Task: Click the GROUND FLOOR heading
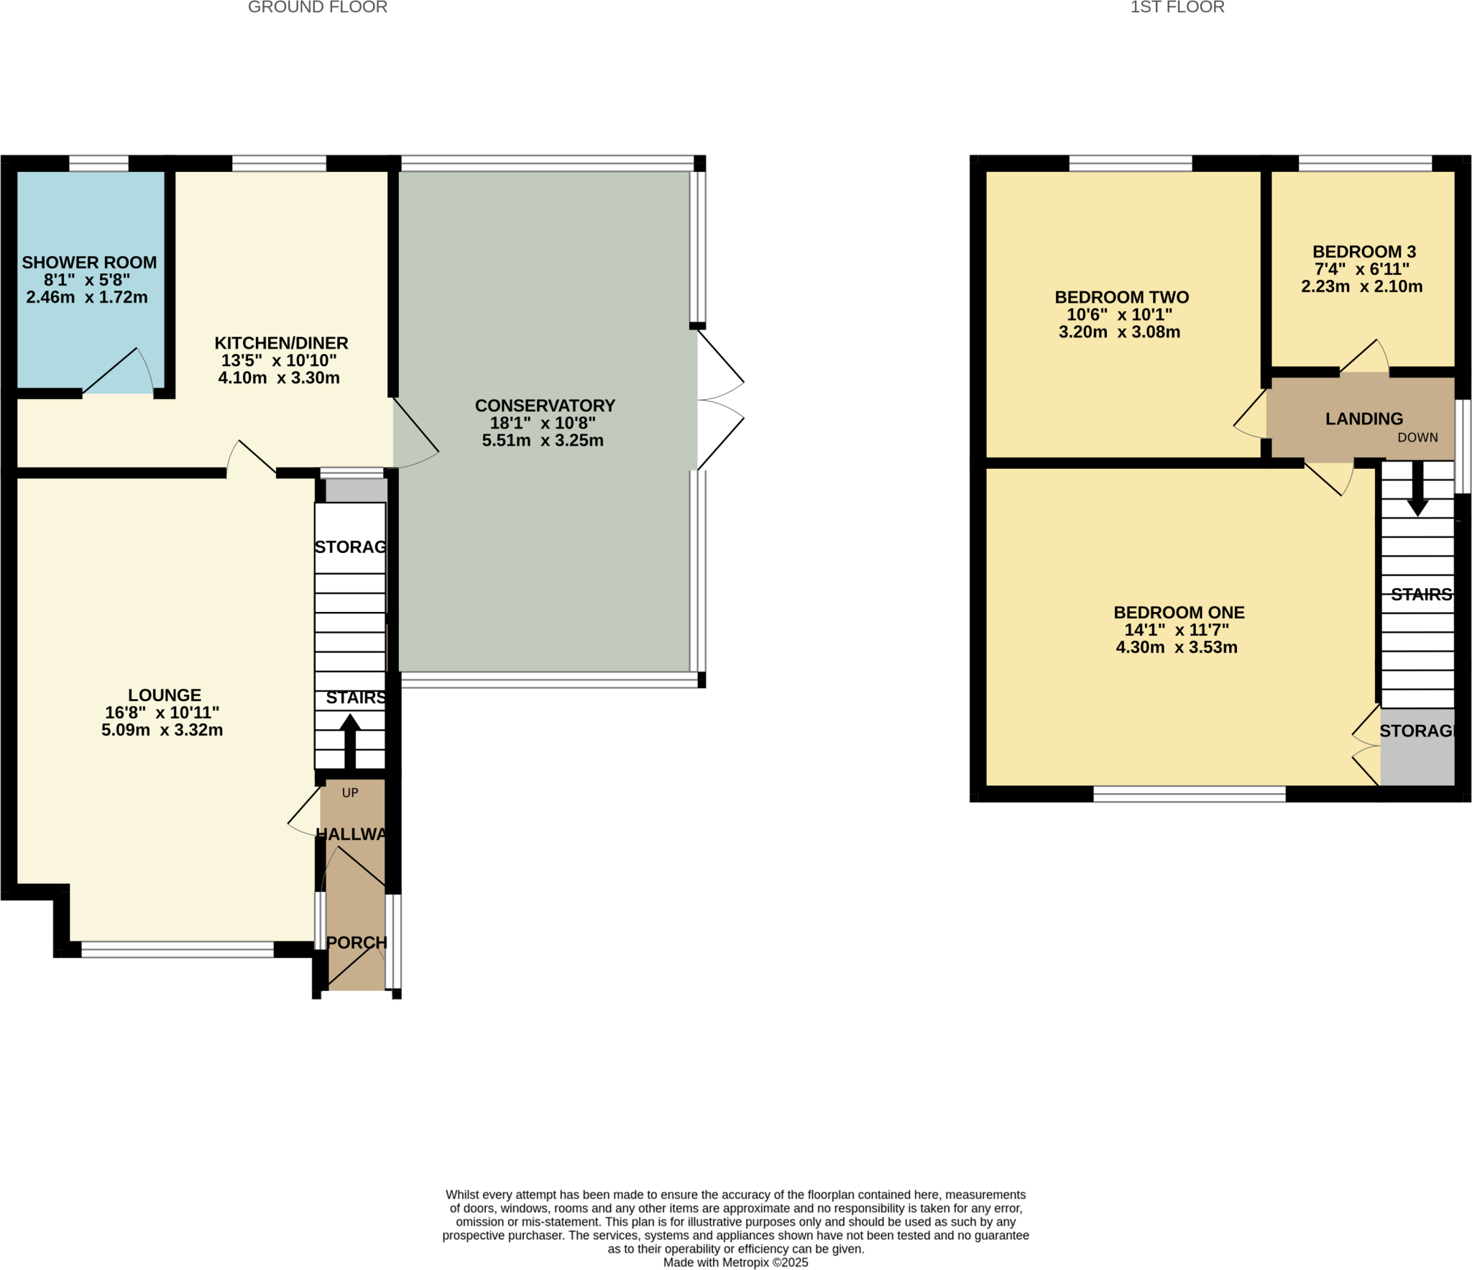pyautogui.click(x=317, y=7)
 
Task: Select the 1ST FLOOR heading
pyautogui.click(x=1177, y=7)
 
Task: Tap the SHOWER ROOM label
pyautogui.click(x=89, y=262)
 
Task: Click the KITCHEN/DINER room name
pyautogui.click(x=281, y=343)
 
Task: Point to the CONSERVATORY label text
pyautogui.click(x=545, y=406)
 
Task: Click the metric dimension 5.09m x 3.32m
pyautogui.click(x=162, y=730)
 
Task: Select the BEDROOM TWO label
pyautogui.click(x=1121, y=297)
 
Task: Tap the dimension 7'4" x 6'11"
pyautogui.click(x=1361, y=269)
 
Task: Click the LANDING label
pyautogui.click(x=1363, y=419)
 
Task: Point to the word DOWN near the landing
pyautogui.click(x=1417, y=437)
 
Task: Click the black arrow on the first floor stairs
pyautogui.click(x=1417, y=489)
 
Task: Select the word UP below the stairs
pyautogui.click(x=350, y=792)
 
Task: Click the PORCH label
pyautogui.click(x=356, y=942)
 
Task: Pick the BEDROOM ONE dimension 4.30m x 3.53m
pyautogui.click(x=1176, y=647)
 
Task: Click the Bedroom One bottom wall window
pyautogui.click(x=1189, y=793)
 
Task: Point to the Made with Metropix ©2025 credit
pyautogui.click(x=735, y=1262)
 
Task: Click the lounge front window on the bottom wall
pyautogui.click(x=178, y=949)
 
